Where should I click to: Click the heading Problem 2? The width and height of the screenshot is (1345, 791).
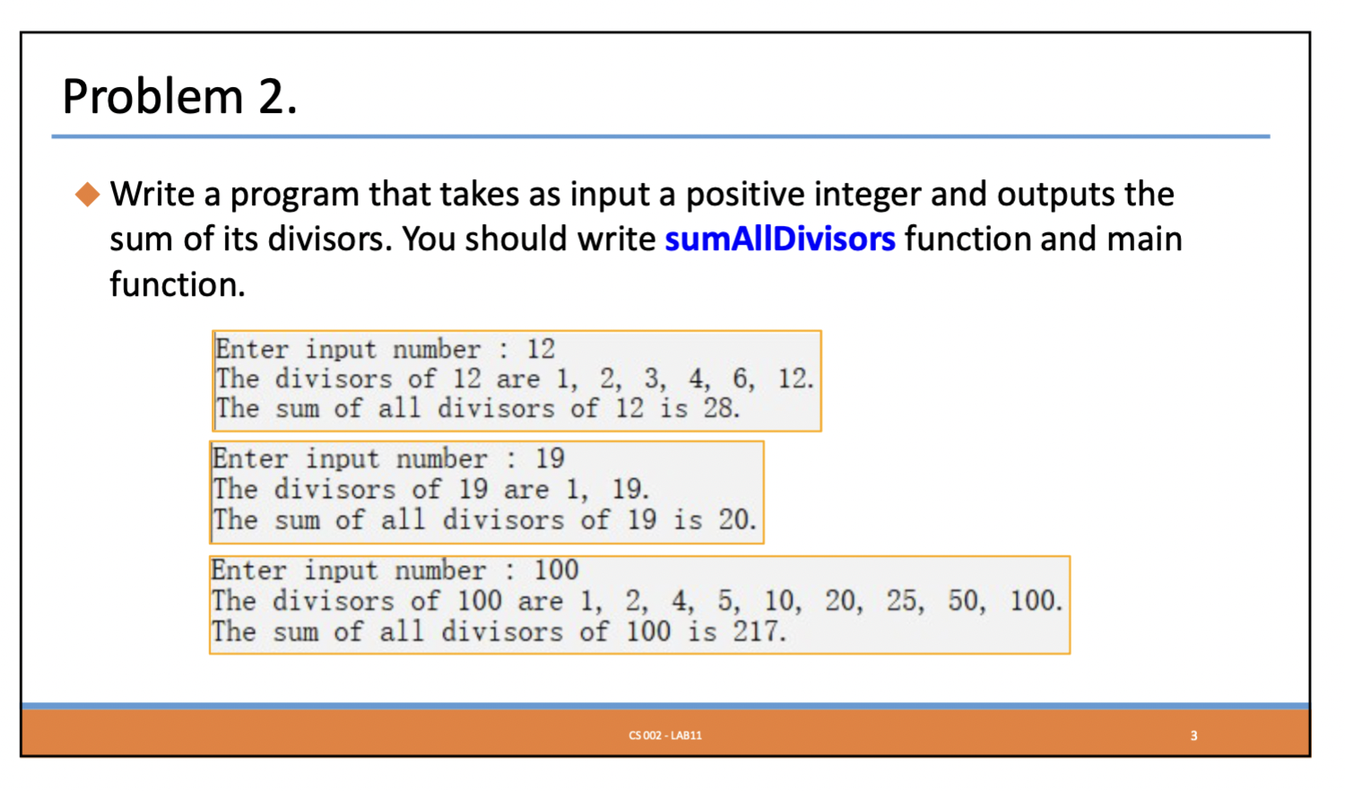tap(179, 96)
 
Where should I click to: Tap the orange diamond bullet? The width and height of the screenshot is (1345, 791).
tap(87, 194)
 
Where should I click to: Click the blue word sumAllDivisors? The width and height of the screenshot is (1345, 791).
tap(779, 239)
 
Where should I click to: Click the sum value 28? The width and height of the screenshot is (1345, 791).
tap(720, 409)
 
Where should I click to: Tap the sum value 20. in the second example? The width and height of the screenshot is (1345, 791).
tap(736, 519)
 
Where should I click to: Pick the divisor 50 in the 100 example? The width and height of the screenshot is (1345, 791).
tap(965, 600)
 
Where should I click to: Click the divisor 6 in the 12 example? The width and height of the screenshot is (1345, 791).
tap(742, 378)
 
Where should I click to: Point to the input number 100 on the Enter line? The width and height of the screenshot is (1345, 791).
tap(556, 569)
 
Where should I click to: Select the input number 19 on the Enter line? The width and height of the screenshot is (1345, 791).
tap(550, 458)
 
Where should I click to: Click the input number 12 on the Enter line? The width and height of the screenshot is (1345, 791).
tap(540, 349)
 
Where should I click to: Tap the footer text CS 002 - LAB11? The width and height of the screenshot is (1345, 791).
tap(665, 735)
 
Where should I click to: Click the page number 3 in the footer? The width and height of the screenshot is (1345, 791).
tap(1193, 735)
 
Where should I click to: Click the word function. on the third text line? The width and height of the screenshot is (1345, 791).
tap(177, 285)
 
